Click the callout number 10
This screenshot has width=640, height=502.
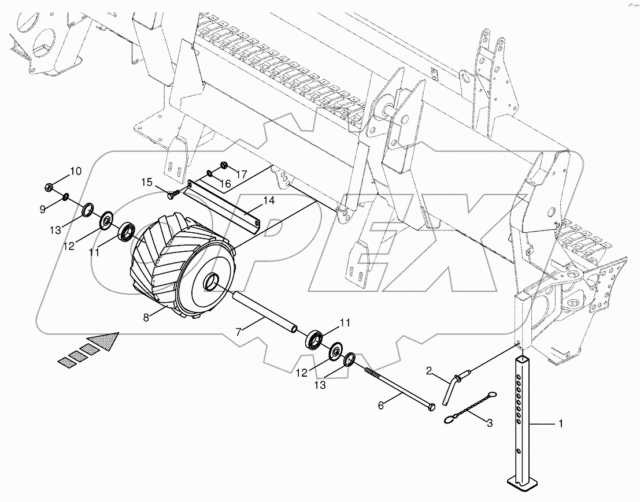point(76,171)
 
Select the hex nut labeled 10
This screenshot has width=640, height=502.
point(50,187)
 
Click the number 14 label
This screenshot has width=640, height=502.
point(269,201)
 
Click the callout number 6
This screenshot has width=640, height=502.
point(380,406)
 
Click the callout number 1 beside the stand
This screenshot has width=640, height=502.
point(560,424)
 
